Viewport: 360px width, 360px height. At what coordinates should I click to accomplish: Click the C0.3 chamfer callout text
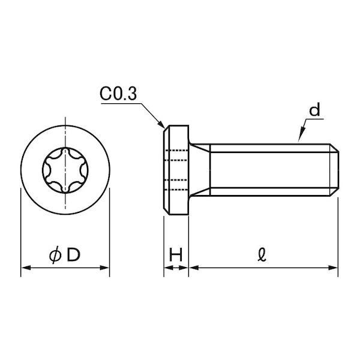[118, 94]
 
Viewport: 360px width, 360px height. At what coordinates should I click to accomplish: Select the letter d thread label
[314, 109]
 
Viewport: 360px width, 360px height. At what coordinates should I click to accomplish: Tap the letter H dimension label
[176, 254]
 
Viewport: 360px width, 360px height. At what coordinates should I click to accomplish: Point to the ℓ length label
[262, 254]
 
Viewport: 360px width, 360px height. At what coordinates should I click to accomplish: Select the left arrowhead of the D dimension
[26, 268]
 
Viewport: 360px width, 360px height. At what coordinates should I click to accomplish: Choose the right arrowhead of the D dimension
[104, 268]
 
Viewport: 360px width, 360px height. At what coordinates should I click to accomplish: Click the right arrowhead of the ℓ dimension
[333, 268]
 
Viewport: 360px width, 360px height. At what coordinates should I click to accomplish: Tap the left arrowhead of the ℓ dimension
[194, 268]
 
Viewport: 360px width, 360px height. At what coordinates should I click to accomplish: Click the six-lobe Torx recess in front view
[65, 170]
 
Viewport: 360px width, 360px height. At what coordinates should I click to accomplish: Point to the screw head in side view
[176, 170]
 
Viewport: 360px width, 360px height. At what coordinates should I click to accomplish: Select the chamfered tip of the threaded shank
[334, 170]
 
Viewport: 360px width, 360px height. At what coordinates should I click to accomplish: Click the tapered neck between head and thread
[199, 170]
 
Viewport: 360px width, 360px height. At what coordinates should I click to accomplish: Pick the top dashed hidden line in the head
[176, 151]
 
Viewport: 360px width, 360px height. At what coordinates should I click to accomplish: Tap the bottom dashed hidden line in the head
[176, 190]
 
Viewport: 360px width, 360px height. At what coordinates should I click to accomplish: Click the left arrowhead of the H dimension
[168, 268]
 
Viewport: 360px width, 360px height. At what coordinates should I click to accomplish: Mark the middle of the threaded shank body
[270, 170]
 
